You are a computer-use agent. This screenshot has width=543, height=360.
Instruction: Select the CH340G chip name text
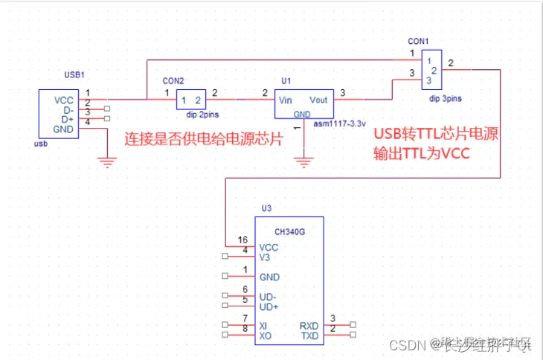pyautogui.click(x=289, y=232)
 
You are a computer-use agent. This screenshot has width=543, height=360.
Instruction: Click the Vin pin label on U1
pyautogui.click(x=285, y=100)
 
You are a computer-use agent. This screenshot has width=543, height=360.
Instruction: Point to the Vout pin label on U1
pyautogui.click(x=318, y=100)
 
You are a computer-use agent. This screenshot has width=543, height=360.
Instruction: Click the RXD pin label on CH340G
pyautogui.click(x=309, y=325)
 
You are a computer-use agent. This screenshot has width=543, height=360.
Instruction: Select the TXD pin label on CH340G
pyautogui.click(x=309, y=335)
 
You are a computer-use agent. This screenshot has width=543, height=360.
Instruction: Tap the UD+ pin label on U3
pyautogui.click(x=269, y=306)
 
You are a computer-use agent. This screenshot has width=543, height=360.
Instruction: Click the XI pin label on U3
pyautogui.click(x=263, y=326)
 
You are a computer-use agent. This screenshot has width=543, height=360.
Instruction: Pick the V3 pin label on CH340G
pyautogui.click(x=264, y=257)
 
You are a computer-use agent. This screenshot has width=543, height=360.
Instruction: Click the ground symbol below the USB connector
pyautogui.click(x=109, y=159)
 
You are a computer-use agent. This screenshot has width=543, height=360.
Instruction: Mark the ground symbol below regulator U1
pyautogui.click(x=303, y=159)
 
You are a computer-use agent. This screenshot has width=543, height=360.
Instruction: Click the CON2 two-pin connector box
pyautogui.click(x=191, y=100)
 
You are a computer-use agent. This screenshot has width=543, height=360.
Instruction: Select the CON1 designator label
pyautogui.click(x=419, y=40)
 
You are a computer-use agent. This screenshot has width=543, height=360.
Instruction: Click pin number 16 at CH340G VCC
pyautogui.click(x=242, y=240)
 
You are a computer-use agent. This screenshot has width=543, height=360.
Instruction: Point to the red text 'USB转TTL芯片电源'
pyautogui.click(x=434, y=134)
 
